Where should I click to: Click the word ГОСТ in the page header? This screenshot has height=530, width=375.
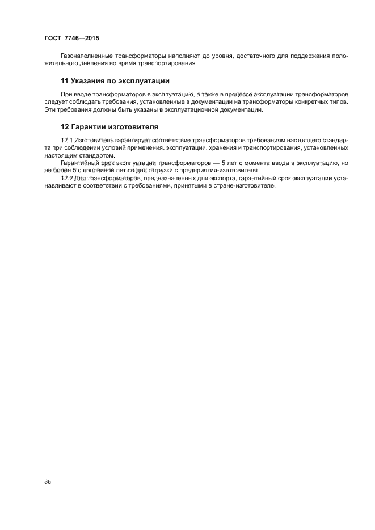pos(53,38)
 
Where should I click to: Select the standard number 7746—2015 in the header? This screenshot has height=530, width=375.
pos(84,38)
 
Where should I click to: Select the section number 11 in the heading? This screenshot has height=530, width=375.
pos(64,80)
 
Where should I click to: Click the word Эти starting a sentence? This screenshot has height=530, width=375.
pos(49,109)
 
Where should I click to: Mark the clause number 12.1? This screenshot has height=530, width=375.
pos(67,140)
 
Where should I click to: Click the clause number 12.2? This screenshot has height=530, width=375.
pos(67,178)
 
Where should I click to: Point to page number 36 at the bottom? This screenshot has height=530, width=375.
pos(48,482)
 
